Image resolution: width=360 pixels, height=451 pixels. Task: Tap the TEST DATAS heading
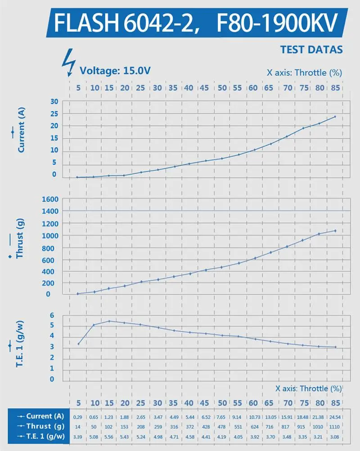311,50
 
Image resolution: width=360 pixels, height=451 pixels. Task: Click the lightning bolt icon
69,62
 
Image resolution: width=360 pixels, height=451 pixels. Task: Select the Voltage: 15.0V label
115,70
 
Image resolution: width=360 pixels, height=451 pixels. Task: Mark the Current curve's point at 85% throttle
335,117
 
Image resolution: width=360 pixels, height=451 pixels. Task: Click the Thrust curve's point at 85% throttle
335,231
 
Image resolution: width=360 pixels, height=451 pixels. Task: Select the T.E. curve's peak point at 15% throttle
109,321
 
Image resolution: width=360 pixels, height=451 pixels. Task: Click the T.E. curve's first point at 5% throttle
78,344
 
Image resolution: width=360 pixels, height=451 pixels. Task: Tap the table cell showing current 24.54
335,417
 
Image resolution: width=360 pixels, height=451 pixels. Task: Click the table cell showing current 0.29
78,417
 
